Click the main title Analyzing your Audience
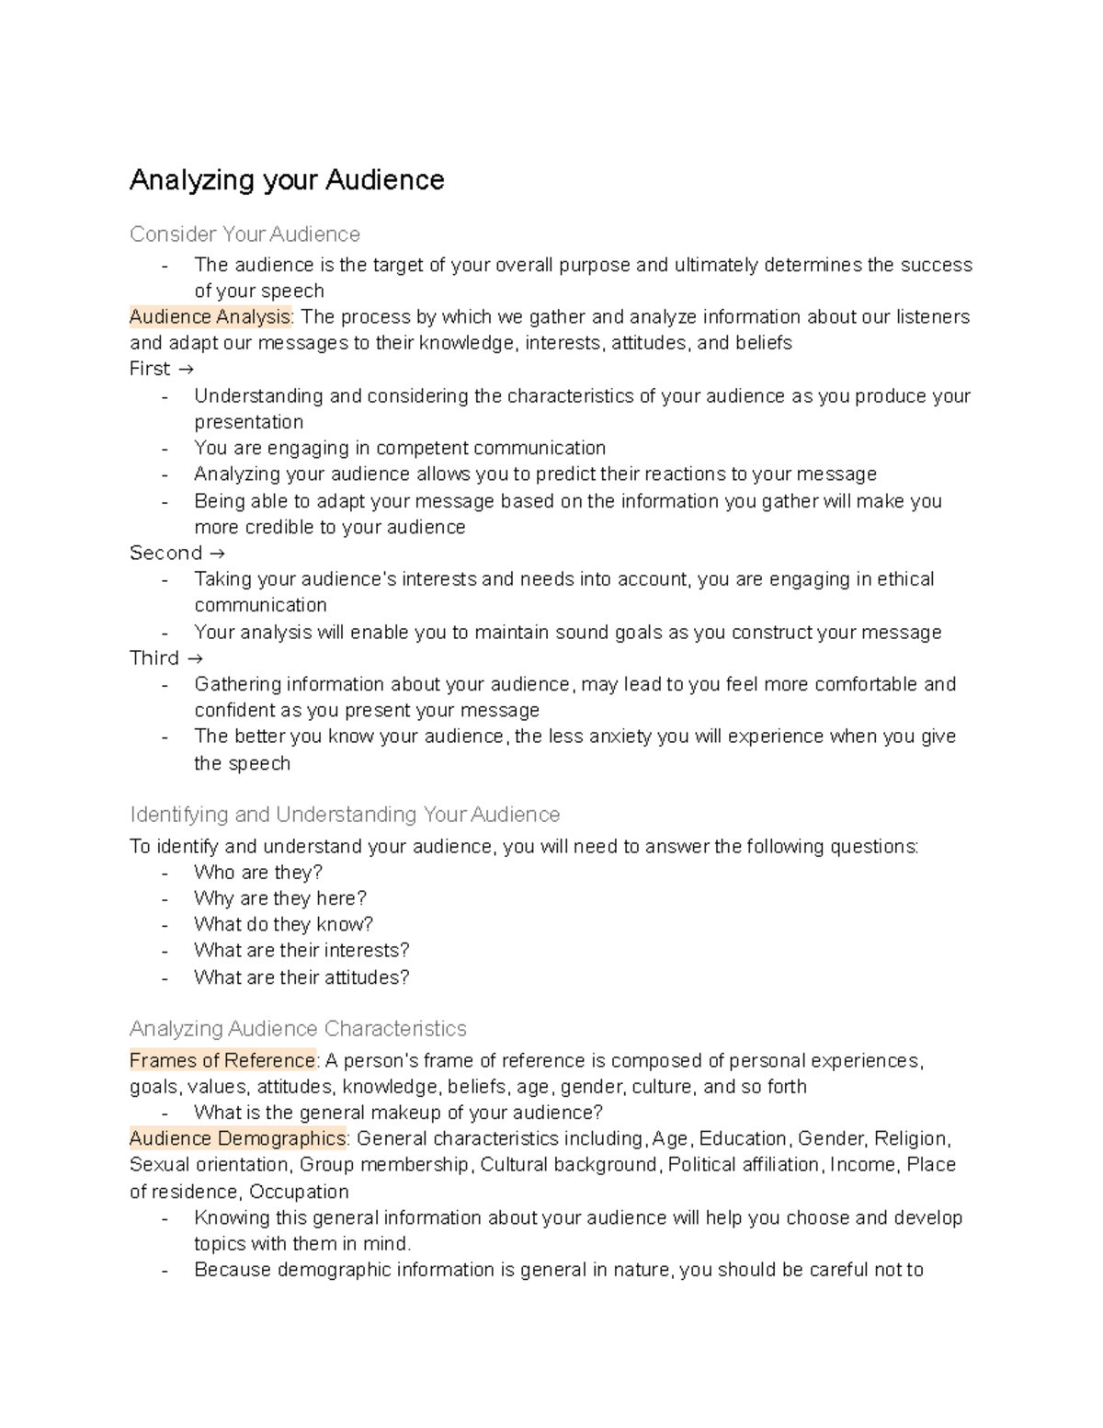coord(287,180)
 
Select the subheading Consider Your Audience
coord(244,234)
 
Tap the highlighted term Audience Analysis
coord(210,317)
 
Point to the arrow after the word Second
coord(217,554)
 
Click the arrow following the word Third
coord(194,658)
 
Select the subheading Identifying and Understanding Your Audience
coord(345,815)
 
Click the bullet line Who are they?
coord(258,873)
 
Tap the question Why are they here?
coord(280,898)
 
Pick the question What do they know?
coord(283,924)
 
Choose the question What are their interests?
coord(301,951)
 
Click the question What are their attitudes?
coord(301,977)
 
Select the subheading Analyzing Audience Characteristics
coord(298,1029)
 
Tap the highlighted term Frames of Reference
coord(222,1061)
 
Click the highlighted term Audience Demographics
coord(237,1139)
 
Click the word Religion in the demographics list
coord(910,1139)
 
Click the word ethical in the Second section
coord(905,579)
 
